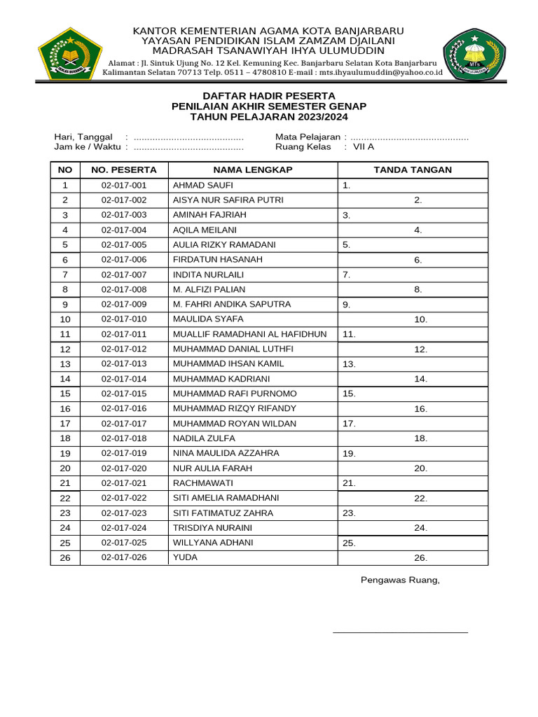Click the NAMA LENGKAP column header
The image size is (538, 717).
pyautogui.click(x=253, y=170)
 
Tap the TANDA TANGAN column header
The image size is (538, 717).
pyautogui.click(x=413, y=170)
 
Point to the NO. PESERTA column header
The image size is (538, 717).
pyautogui.click(x=124, y=170)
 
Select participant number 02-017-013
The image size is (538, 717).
pyautogui.click(x=124, y=364)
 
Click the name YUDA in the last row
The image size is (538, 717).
pyautogui.click(x=185, y=557)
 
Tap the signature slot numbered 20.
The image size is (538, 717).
pyautogui.click(x=420, y=468)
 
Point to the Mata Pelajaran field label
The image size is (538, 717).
pyautogui.click(x=308, y=137)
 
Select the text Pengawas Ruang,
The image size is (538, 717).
pyautogui.click(x=400, y=580)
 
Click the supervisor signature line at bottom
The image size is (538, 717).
pyautogui.click(x=400, y=632)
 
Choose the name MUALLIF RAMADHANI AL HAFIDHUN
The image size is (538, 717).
pyautogui.click(x=250, y=334)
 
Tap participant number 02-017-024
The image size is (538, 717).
pyautogui.click(x=124, y=528)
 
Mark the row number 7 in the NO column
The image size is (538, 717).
pyautogui.click(x=65, y=274)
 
